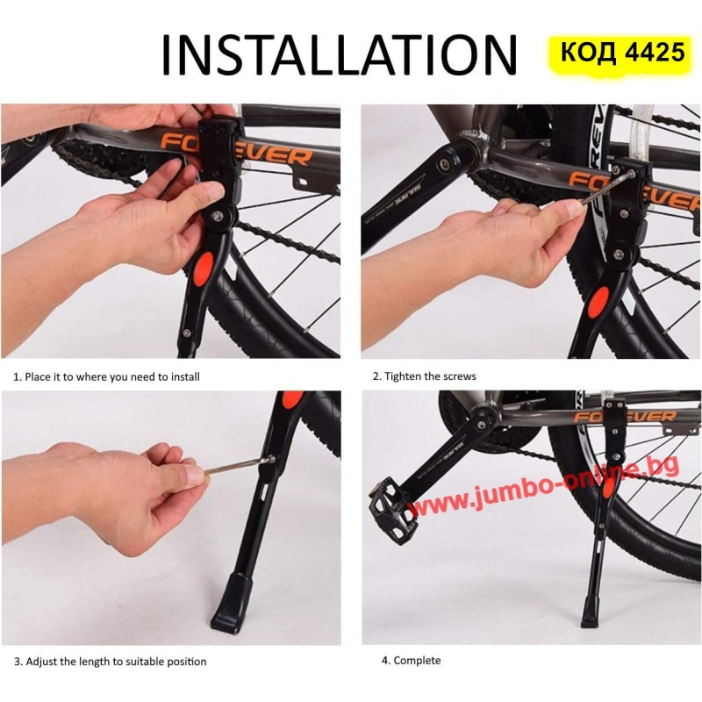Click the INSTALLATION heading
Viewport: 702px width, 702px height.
tap(339, 54)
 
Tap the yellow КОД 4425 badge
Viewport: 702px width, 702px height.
tap(622, 53)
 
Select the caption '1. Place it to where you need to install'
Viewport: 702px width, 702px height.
tap(106, 377)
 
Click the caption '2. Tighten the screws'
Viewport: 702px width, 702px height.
tap(424, 376)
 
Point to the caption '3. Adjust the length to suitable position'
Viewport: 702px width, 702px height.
tap(111, 662)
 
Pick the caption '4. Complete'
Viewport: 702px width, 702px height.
tap(411, 661)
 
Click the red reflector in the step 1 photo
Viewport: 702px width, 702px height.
tap(204, 268)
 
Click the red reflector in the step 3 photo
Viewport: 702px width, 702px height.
tap(293, 398)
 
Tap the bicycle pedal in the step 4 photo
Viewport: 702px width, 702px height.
tap(394, 512)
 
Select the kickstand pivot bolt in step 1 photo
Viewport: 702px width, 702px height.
tap(218, 215)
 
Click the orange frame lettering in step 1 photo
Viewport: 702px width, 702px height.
tap(236, 149)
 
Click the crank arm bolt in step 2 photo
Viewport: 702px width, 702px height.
tap(445, 164)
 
